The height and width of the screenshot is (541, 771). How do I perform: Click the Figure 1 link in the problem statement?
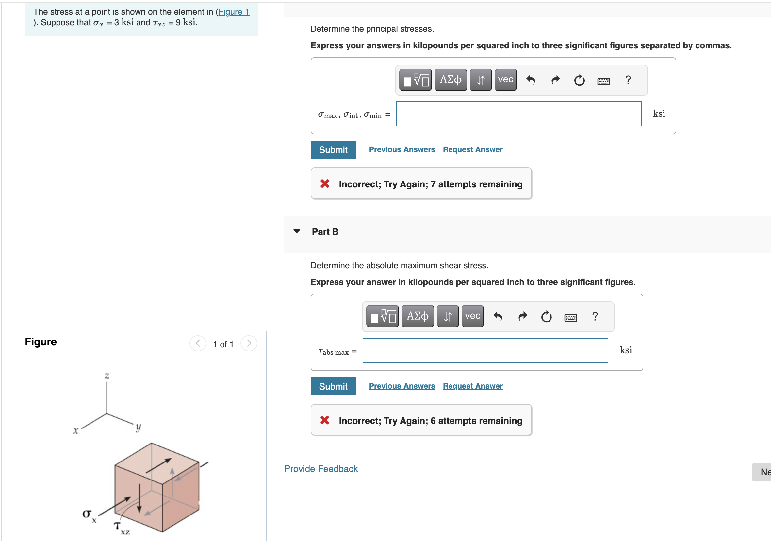pos(233,12)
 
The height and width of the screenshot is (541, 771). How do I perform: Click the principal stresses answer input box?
pos(518,114)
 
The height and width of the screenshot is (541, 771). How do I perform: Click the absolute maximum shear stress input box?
pos(485,350)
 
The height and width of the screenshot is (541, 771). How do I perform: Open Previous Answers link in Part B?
pos(402,386)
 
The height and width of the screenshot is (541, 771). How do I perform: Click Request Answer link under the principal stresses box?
pos(472,149)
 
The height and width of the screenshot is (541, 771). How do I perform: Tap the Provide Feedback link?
pos(321,469)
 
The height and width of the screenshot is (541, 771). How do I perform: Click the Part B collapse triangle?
pos(297,231)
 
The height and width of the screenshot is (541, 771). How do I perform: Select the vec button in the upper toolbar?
pos(505,80)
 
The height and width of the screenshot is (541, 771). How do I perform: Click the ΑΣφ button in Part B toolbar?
pos(417,316)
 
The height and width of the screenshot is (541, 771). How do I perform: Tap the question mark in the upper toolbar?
pos(628,80)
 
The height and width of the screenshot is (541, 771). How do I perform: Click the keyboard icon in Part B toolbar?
pos(570,317)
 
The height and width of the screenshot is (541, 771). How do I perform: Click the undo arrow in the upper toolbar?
pos(531,80)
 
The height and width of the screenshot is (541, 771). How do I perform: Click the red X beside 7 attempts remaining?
pos(324,183)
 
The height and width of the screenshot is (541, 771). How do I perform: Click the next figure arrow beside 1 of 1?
pos(249,343)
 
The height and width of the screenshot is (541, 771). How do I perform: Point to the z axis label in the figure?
pos(107,375)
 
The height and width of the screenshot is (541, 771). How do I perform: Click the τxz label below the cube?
pos(121,527)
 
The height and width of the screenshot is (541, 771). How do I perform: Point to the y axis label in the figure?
pos(138,427)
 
